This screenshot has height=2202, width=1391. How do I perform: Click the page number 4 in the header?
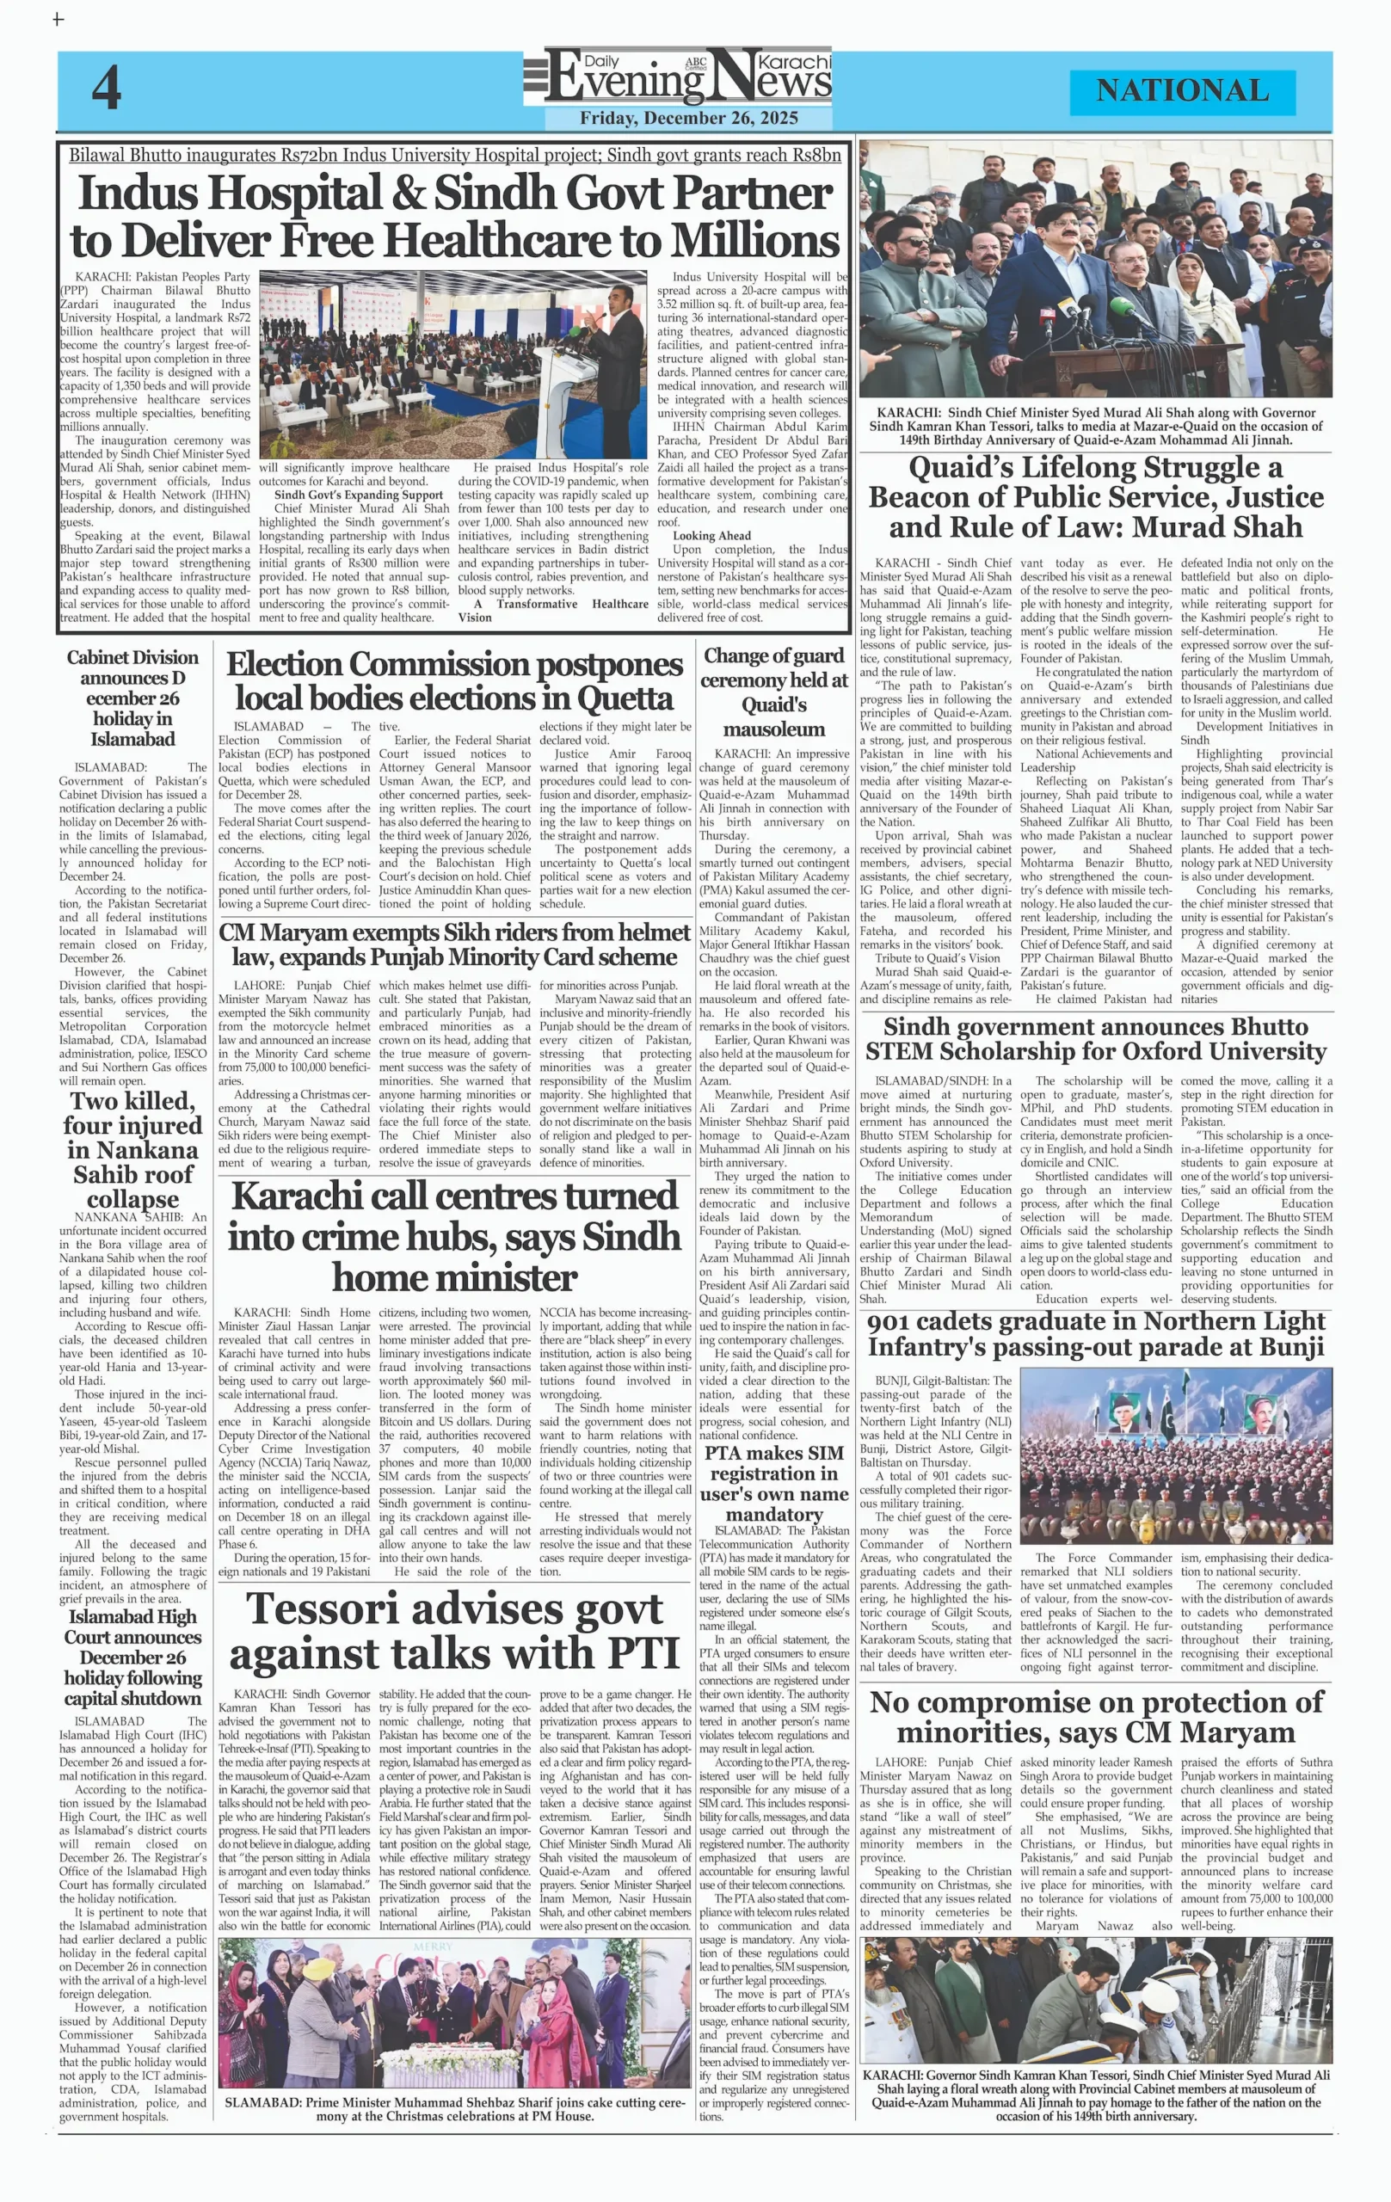pyautogui.click(x=106, y=89)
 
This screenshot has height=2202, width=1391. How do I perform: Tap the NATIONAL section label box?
pyautogui.click(x=1182, y=90)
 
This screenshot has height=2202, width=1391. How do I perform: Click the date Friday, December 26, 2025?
pyautogui.click(x=689, y=118)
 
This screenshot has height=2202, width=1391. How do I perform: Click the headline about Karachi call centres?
pyautogui.click(x=454, y=1236)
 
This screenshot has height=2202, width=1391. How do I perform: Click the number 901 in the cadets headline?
pyautogui.click(x=897, y=1321)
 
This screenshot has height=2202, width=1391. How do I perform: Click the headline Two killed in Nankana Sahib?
pyautogui.click(x=132, y=1149)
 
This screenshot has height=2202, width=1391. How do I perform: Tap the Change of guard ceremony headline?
pyautogui.click(x=773, y=692)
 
